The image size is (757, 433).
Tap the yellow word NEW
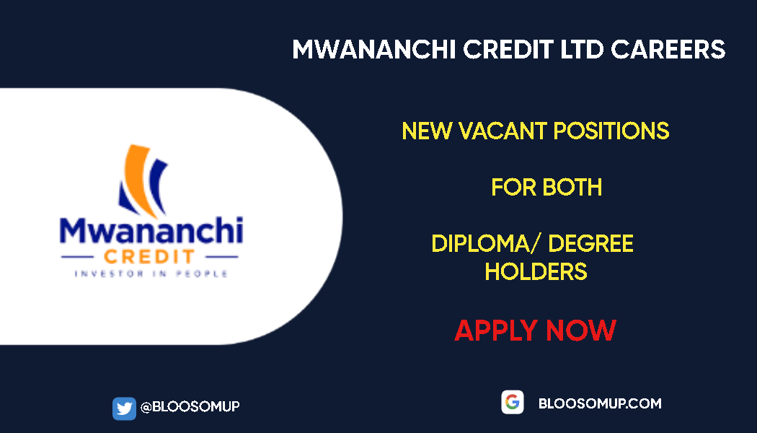(x=426, y=131)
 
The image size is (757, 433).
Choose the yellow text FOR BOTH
(x=546, y=188)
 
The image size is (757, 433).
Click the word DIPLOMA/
(x=484, y=244)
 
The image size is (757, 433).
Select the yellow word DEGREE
(x=591, y=244)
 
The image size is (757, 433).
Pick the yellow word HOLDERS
(x=536, y=272)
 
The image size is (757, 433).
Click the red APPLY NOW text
(x=535, y=331)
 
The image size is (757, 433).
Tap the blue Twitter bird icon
(x=124, y=408)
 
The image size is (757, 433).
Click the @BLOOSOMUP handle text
(x=190, y=407)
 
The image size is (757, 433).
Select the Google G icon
(x=513, y=403)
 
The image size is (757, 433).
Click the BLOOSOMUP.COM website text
(x=600, y=403)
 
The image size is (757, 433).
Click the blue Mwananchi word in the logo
(x=151, y=231)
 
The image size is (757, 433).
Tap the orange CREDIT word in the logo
(x=148, y=257)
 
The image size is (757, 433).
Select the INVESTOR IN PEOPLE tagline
(x=151, y=274)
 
